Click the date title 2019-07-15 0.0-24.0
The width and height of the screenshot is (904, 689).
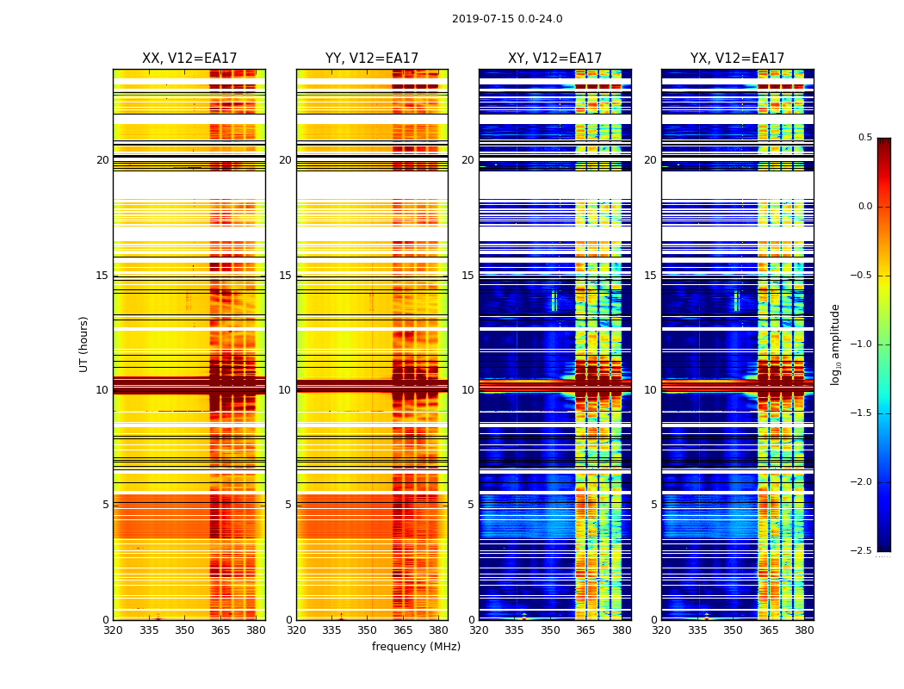coord(507,19)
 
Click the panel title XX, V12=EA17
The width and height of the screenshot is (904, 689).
coord(189,59)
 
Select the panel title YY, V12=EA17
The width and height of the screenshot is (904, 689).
coord(372,59)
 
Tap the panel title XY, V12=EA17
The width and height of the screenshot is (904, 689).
coord(554,59)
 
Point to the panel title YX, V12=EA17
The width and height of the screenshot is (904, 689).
coord(737,59)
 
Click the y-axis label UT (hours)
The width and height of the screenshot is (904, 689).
coord(84,344)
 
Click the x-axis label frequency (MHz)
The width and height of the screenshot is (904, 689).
coord(416,647)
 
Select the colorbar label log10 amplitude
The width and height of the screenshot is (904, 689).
coord(835,344)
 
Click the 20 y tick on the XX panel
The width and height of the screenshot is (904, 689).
coord(102,160)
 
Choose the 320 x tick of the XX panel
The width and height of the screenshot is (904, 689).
coord(113,630)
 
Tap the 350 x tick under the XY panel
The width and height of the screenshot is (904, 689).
coord(550,630)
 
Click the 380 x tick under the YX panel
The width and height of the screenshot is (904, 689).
coord(804,630)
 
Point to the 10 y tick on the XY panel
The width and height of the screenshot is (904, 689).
coord(468,390)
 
